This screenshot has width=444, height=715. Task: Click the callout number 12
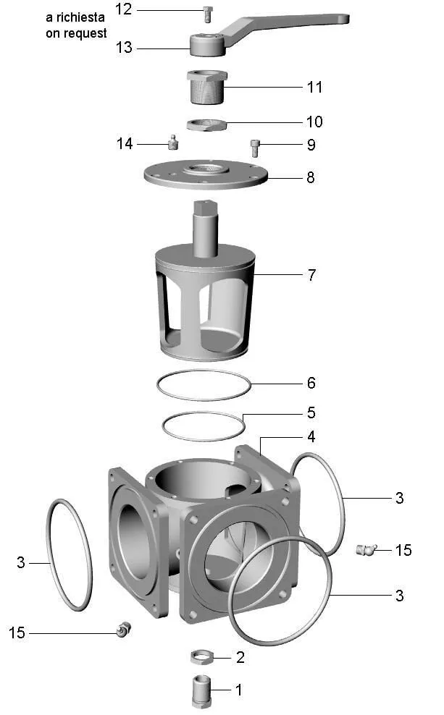coord(123,9)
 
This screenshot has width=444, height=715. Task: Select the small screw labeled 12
coord(208,14)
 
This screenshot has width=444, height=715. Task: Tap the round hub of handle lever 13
coord(208,44)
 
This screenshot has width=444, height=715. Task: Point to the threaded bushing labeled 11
coord(206,87)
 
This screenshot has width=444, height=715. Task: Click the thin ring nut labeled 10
coord(206,124)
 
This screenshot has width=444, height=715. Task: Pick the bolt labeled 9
coord(256,148)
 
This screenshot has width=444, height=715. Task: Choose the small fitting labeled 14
coord(172,143)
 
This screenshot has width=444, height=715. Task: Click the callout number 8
coord(310,177)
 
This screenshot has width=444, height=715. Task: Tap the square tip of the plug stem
coord(206,208)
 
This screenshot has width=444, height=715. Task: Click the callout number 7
coord(311,275)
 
